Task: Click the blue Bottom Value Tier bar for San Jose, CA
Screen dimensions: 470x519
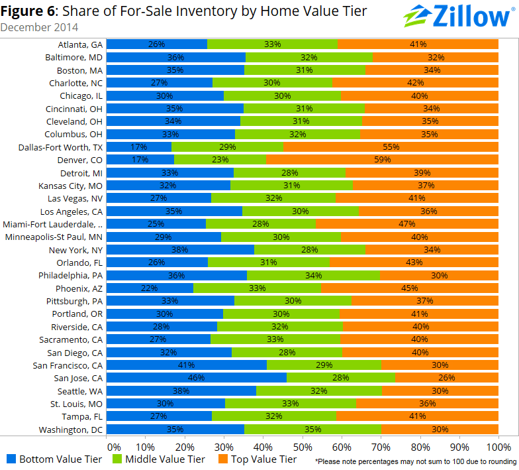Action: pos(197,378)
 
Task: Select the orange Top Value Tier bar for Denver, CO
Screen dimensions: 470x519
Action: pos(381,160)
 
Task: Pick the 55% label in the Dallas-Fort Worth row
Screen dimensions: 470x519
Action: pos(391,147)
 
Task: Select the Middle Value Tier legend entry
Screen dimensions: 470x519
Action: pos(160,459)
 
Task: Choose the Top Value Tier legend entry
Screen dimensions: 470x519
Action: pos(255,459)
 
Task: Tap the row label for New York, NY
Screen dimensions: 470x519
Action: pos(75,250)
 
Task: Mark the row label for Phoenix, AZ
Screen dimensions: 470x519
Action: pos(79,288)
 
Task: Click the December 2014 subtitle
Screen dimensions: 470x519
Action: pos(39,28)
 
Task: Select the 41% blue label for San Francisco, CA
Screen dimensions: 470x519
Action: pos(187,365)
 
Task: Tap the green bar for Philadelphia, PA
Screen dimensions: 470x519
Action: pos(313,275)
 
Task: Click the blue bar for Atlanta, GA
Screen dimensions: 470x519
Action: pos(157,44)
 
